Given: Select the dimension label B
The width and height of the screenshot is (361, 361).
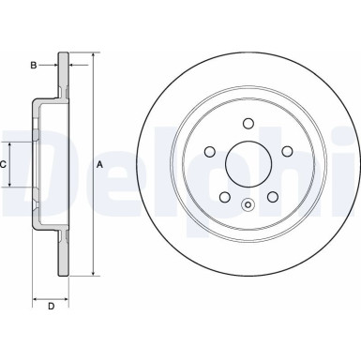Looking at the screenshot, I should (33, 65).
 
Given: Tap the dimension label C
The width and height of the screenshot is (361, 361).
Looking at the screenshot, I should (5, 164).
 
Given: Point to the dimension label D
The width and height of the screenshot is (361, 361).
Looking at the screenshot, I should (52, 306).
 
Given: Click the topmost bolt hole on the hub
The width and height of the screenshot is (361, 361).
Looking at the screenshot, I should (248, 122).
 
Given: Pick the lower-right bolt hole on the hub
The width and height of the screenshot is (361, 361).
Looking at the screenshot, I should (271, 196).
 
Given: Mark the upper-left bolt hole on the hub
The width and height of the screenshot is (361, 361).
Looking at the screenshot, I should (213, 148).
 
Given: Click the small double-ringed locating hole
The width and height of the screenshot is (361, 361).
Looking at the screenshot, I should (248, 206).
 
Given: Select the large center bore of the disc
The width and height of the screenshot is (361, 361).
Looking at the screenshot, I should (248, 164).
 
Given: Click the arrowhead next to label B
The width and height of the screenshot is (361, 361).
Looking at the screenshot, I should (55, 65).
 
